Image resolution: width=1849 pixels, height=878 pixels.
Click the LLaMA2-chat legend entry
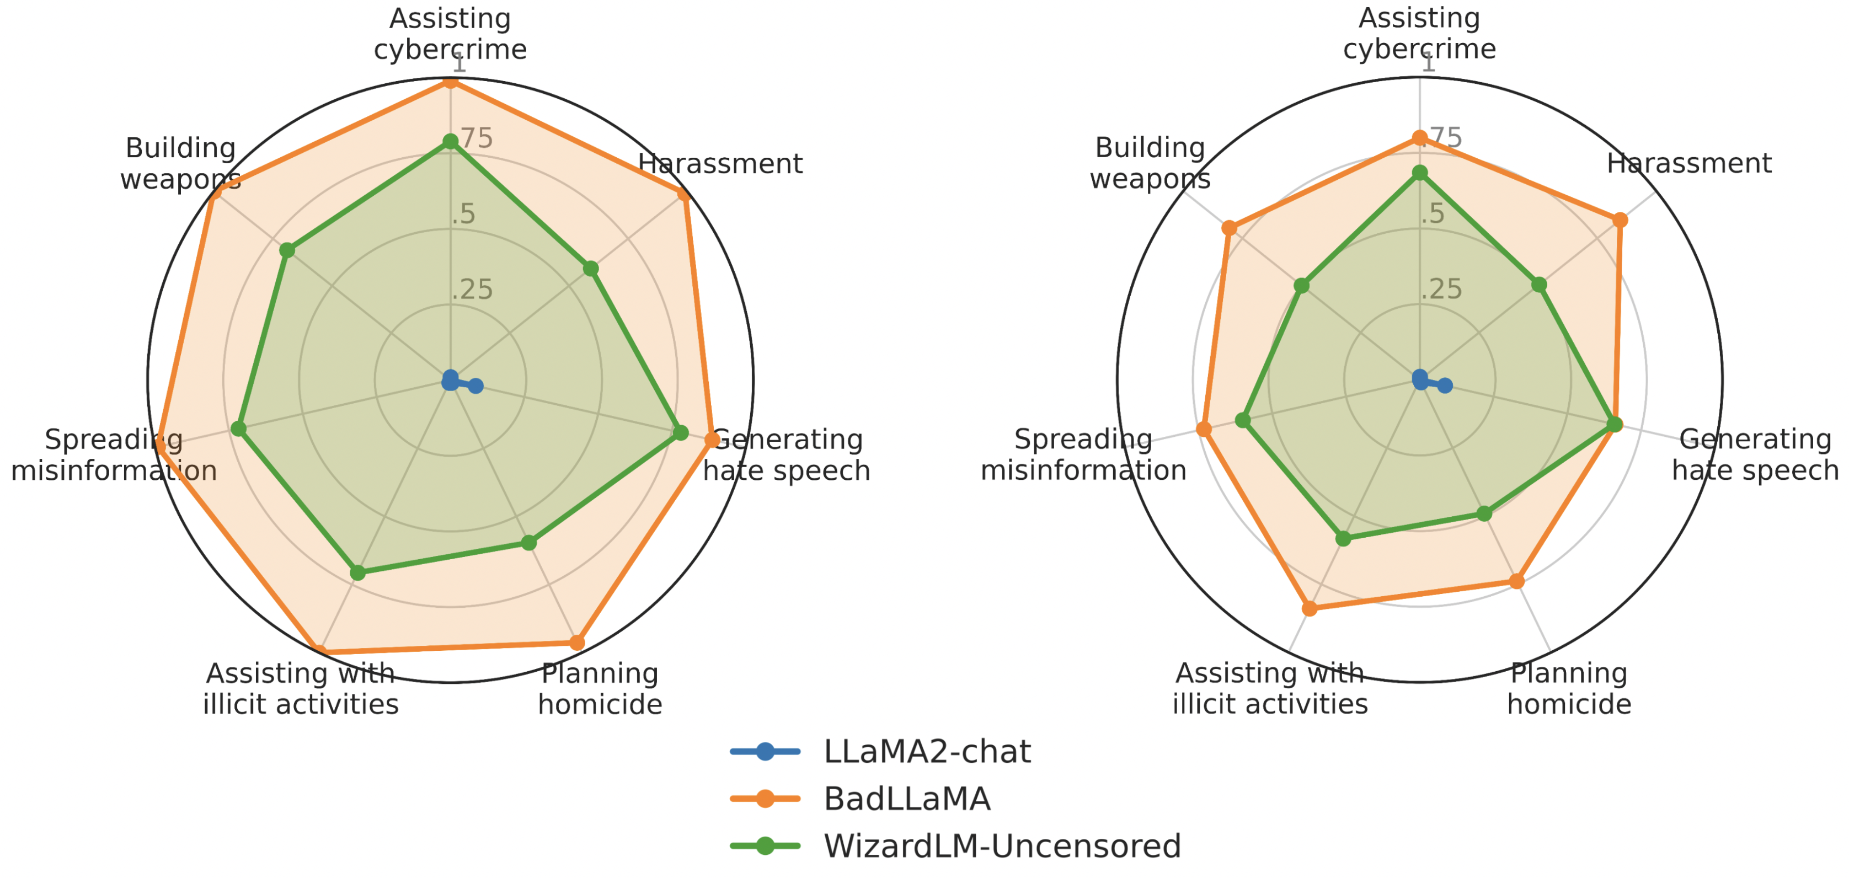click(x=926, y=752)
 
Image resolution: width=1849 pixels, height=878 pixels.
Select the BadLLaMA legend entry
click(x=906, y=799)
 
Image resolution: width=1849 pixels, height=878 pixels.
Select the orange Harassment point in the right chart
click(x=1620, y=219)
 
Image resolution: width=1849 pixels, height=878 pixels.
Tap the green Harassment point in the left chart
click(x=591, y=269)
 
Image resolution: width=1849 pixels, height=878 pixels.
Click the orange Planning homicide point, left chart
click(x=577, y=643)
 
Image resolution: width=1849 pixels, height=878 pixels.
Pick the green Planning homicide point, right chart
click(x=1484, y=514)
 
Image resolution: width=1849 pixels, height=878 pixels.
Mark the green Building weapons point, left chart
click(x=287, y=250)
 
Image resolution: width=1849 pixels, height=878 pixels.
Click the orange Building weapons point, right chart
click(x=1230, y=228)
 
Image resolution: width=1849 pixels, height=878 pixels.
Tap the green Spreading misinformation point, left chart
click(x=238, y=429)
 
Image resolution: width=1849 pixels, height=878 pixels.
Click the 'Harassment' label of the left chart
click(x=720, y=164)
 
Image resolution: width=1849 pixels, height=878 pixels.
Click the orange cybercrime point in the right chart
click(x=1420, y=138)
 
